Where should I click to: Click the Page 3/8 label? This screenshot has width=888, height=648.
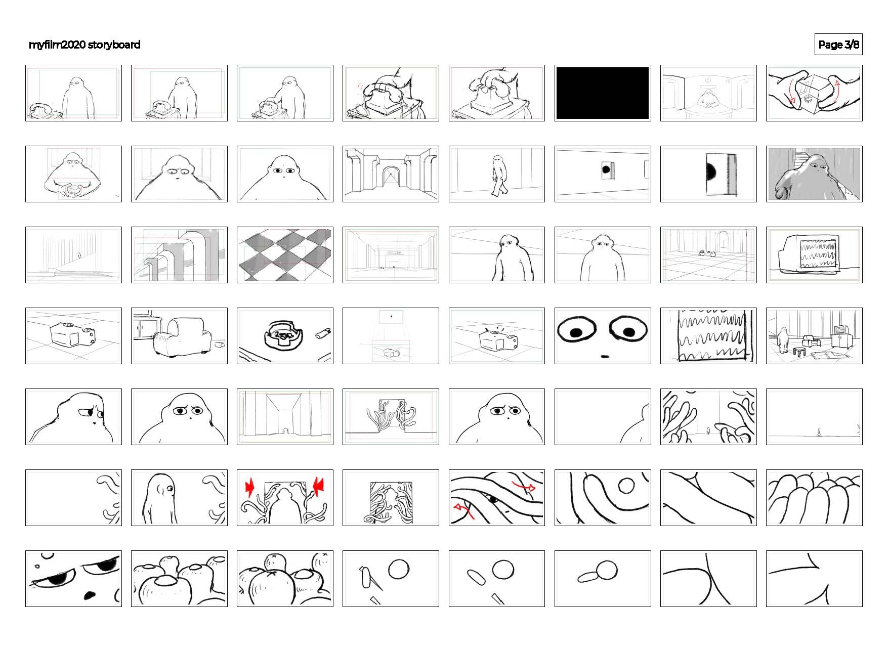click(838, 45)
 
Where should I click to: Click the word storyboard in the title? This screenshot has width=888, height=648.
click(114, 45)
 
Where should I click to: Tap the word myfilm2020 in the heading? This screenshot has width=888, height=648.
click(57, 45)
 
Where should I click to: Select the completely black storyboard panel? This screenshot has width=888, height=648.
click(602, 93)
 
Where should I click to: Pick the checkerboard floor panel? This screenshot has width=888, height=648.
click(285, 255)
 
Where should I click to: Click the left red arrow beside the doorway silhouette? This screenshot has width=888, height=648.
click(250, 487)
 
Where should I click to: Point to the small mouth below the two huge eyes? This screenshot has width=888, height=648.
click(604, 356)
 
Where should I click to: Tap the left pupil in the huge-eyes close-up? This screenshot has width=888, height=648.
click(576, 332)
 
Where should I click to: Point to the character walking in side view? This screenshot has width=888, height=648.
click(499, 176)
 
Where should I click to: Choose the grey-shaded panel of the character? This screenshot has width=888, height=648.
click(814, 174)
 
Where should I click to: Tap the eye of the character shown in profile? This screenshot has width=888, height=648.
click(170, 488)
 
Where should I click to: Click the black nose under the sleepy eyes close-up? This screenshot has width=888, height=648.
click(89, 595)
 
